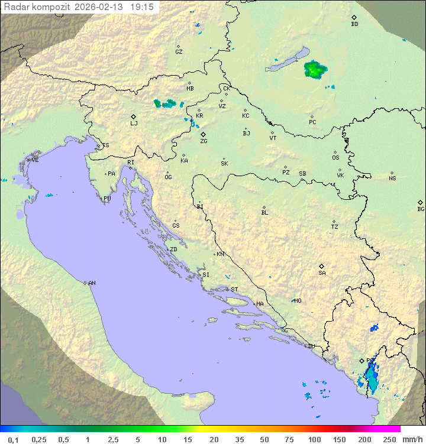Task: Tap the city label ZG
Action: tap(204, 141)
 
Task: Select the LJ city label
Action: tap(134, 123)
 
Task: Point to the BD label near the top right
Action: tap(354, 24)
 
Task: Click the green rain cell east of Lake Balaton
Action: tap(314, 70)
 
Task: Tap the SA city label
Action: tap(322, 273)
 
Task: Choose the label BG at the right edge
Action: tap(421, 209)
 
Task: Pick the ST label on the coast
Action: tap(234, 290)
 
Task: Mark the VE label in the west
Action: tap(35, 160)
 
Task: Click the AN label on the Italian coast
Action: tap(92, 283)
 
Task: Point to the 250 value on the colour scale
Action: tap(389, 439)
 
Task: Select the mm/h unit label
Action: tap(411, 439)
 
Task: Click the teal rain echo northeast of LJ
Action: tap(165, 103)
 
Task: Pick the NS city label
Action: tap(392, 178)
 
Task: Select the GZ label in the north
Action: tap(179, 51)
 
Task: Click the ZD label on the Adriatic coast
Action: tap(173, 249)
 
